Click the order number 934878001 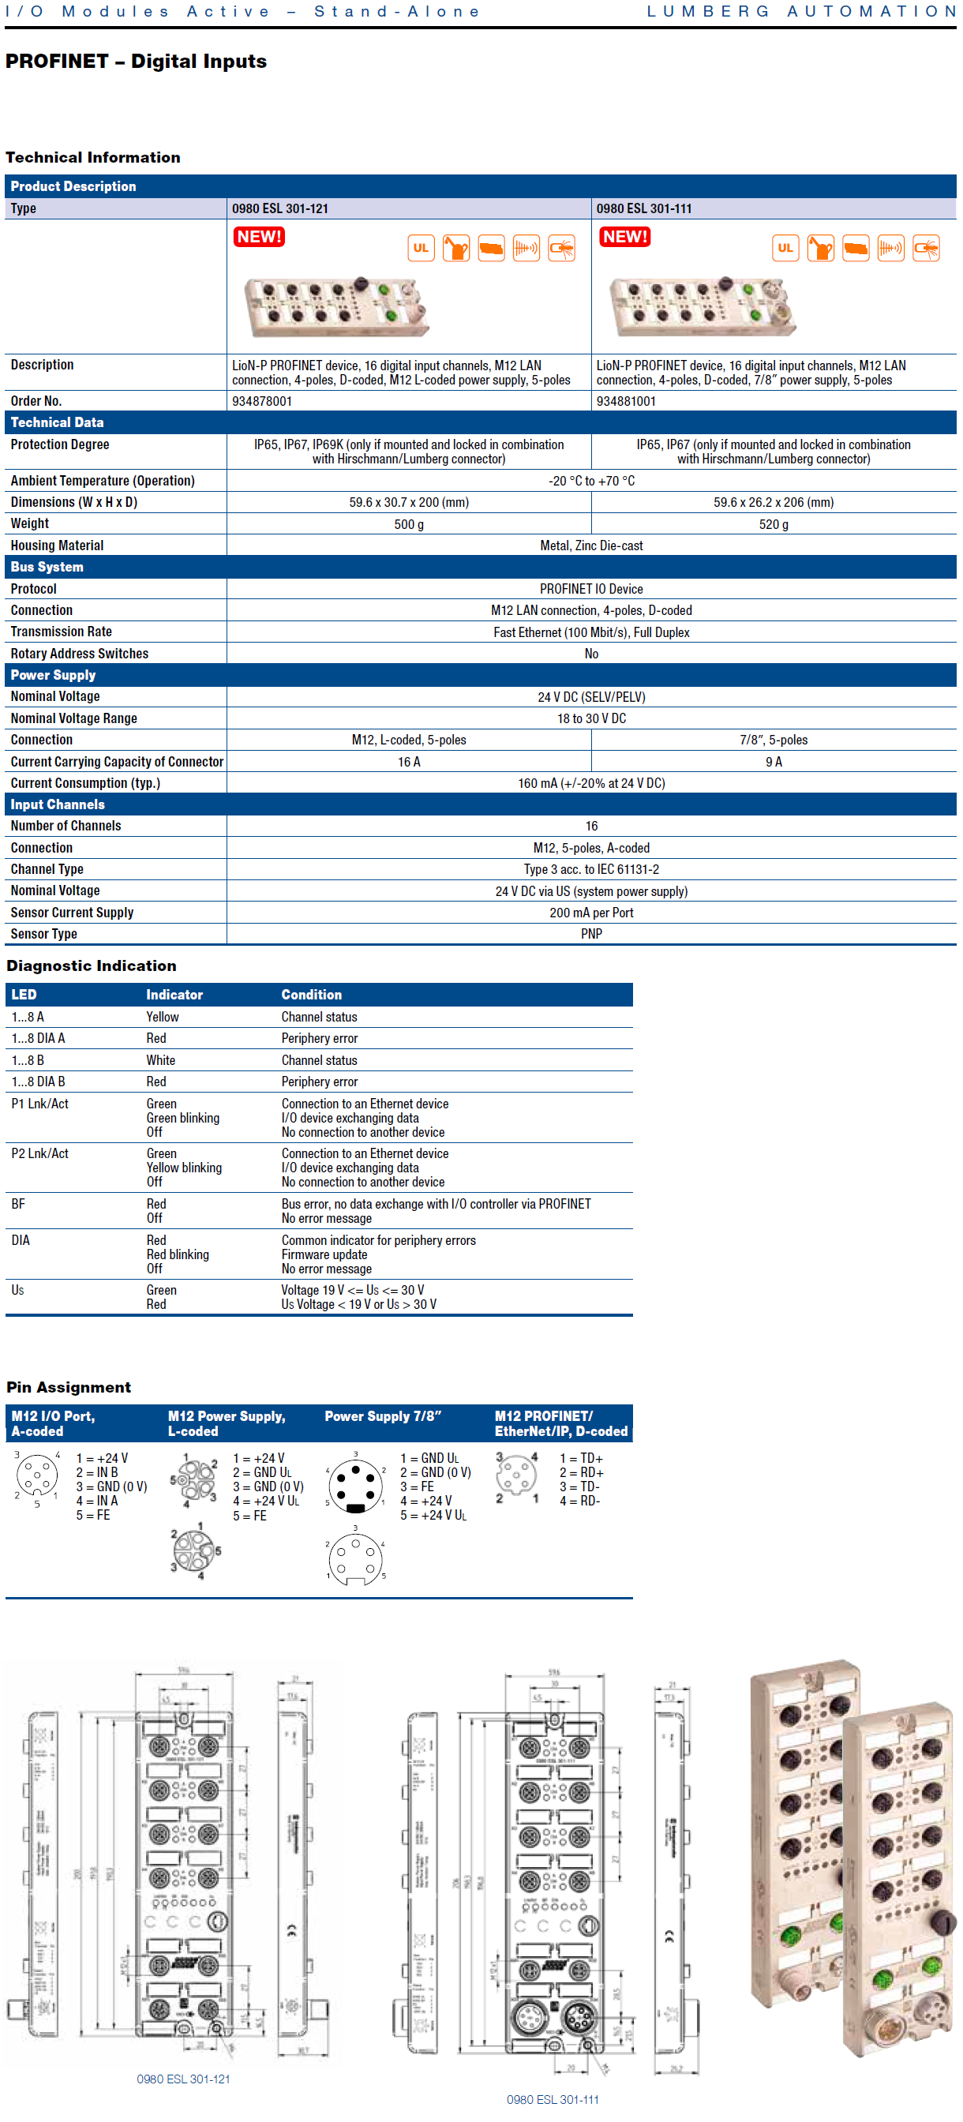tap(262, 401)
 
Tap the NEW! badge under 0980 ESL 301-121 tap(259, 238)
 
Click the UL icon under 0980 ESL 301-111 tap(785, 248)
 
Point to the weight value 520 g tap(773, 524)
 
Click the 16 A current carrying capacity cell tap(409, 762)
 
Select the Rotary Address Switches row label tap(80, 653)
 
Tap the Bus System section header tap(47, 567)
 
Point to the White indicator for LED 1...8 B tap(161, 1060)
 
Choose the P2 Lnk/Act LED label tap(39, 1153)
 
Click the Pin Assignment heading tap(69, 1387)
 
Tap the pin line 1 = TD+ tap(581, 1458)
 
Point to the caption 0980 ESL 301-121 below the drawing tap(183, 2079)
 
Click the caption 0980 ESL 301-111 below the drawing tap(552, 2100)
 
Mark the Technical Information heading tap(92, 157)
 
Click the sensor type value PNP tap(590, 934)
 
